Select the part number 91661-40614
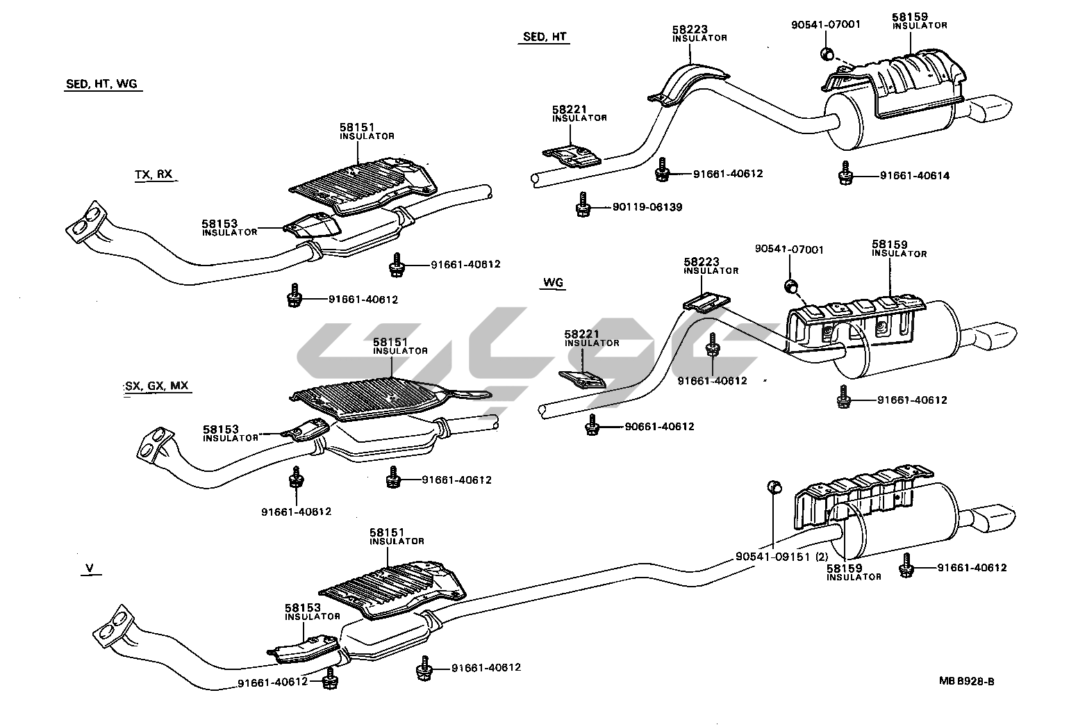pyautogui.click(x=914, y=176)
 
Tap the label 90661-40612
pyautogui.click(x=659, y=427)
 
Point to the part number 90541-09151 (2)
pyautogui.click(x=781, y=557)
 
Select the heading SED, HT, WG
pyautogui.click(x=101, y=85)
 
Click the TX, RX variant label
pyautogui.click(x=154, y=174)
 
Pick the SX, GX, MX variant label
pyautogui.click(x=156, y=386)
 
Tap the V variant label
pyautogui.click(x=89, y=569)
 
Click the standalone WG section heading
pyautogui.click(x=553, y=282)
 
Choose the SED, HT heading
pyautogui.click(x=544, y=37)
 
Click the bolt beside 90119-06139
pyautogui.click(x=582, y=204)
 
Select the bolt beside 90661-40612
pyautogui.click(x=592, y=425)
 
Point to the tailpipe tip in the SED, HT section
pyautogui.click(x=995, y=111)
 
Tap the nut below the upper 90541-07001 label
pyautogui.click(x=827, y=54)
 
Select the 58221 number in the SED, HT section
pyautogui.click(x=570, y=110)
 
